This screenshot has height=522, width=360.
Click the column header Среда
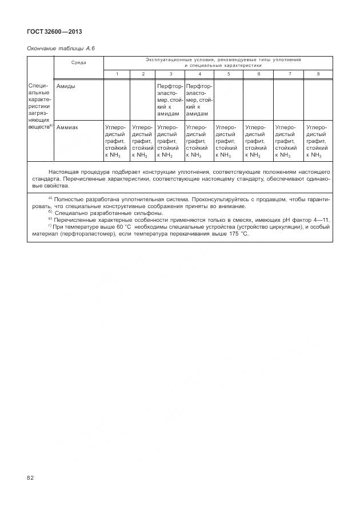point(79,62)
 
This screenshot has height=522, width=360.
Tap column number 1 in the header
point(117,74)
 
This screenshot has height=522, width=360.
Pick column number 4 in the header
point(199,74)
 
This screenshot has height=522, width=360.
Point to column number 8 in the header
point(318,74)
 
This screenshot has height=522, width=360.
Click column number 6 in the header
point(258,74)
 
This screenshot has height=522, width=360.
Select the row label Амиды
point(66,86)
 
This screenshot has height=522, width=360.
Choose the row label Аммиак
point(68,127)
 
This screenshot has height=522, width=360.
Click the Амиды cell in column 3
point(170,99)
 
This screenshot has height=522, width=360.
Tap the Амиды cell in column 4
point(199,99)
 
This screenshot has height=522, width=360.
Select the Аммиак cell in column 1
point(116,141)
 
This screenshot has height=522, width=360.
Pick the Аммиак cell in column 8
point(318,141)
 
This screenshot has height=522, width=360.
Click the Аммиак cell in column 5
point(229,141)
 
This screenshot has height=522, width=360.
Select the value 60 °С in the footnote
point(121,226)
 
